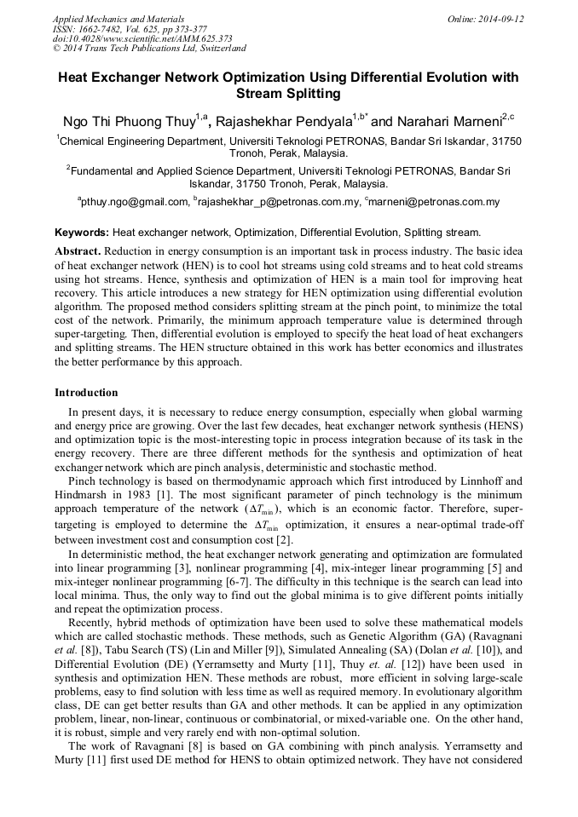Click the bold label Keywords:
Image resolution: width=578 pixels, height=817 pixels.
point(82,232)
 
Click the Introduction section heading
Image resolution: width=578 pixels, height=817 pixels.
point(86,393)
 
